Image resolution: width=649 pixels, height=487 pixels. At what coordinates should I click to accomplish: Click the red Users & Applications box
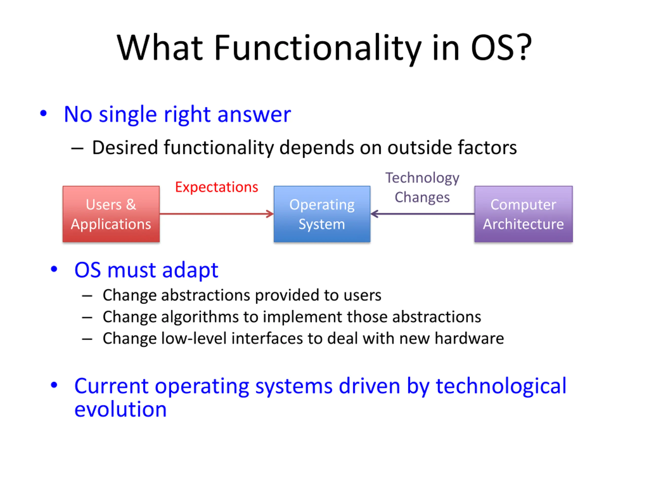(111, 214)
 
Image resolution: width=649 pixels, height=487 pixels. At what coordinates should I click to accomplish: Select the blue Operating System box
(322, 214)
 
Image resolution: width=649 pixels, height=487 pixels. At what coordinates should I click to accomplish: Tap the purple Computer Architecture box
(524, 214)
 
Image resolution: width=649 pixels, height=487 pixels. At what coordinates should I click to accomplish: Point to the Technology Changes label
(422, 188)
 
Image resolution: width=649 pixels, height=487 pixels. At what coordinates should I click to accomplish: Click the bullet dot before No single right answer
(43, 113)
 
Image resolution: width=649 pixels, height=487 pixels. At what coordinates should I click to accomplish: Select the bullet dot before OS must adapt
(54, 269)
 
